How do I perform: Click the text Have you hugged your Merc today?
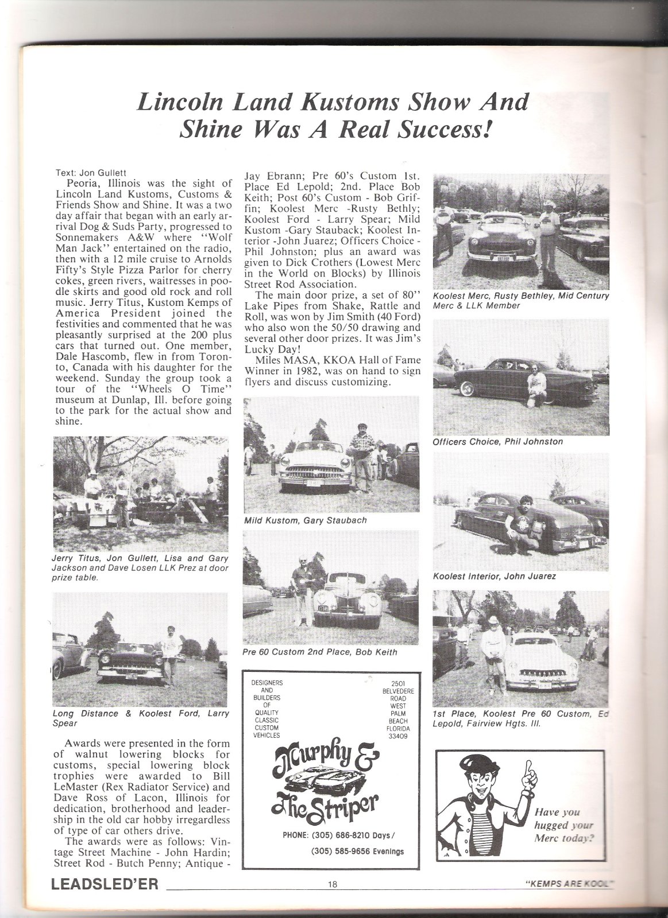click(x=563, y=825)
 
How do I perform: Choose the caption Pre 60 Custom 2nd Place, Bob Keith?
click(x=320, y=652)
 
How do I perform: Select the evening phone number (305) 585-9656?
click(x=357, y=851)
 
